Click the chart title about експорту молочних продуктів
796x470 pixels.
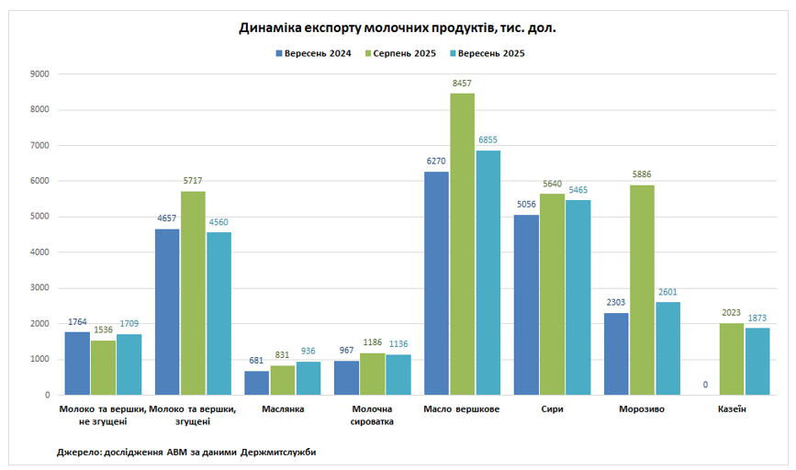(398, 28)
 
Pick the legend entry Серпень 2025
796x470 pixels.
(400, 54)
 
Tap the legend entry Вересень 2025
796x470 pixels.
(486, 54)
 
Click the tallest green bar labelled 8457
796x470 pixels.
(463, 244)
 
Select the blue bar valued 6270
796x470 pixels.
(437, 283)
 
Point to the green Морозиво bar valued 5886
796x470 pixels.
(643, 290)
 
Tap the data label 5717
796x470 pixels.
(193, 182)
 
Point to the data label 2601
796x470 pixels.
(668, 293)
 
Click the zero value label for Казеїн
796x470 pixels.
(706, 385)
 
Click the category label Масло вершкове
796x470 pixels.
(463, 409)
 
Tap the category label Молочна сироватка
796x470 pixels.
(373, 415)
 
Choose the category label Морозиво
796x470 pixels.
(643, 409)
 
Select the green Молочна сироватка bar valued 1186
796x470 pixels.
(373, 374)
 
